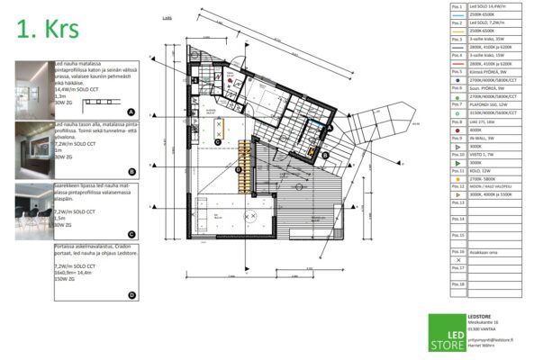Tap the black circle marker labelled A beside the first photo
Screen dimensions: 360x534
point(131,109)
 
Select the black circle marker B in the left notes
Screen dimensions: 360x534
point(131,171)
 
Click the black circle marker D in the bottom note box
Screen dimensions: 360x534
point(131,294)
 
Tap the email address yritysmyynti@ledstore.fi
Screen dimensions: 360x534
point(491,340)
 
